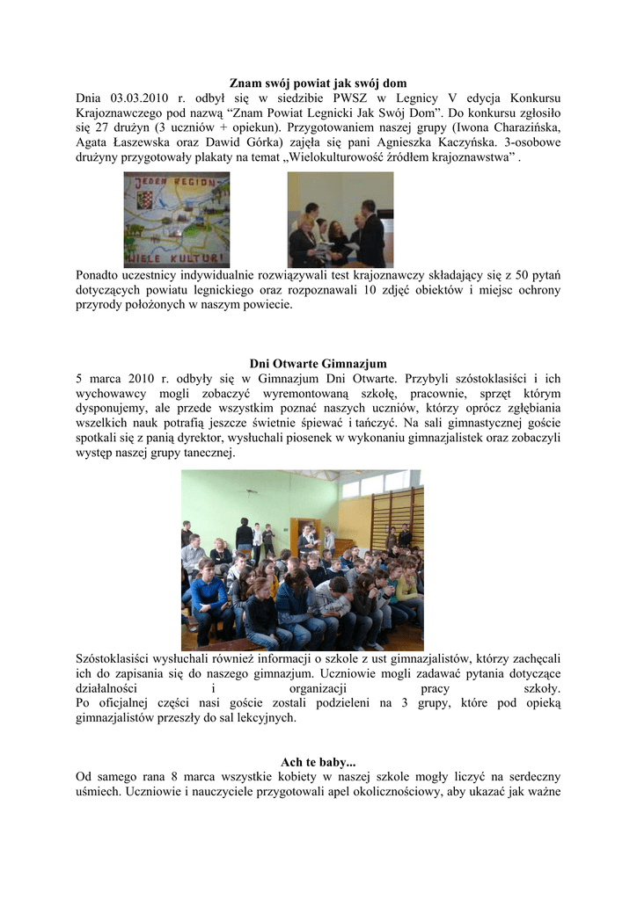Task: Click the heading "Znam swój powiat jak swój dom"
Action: click(x=318, y=83)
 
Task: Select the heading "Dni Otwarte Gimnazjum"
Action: click(x=318, y=364)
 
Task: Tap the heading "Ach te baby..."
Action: click(x=318, y=761)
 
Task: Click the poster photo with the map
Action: click(x=176, y=219)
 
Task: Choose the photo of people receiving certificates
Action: click(x=340, y=219)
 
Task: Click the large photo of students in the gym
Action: click(x=302, y=560)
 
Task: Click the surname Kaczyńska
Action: click(x=523, y=143)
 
